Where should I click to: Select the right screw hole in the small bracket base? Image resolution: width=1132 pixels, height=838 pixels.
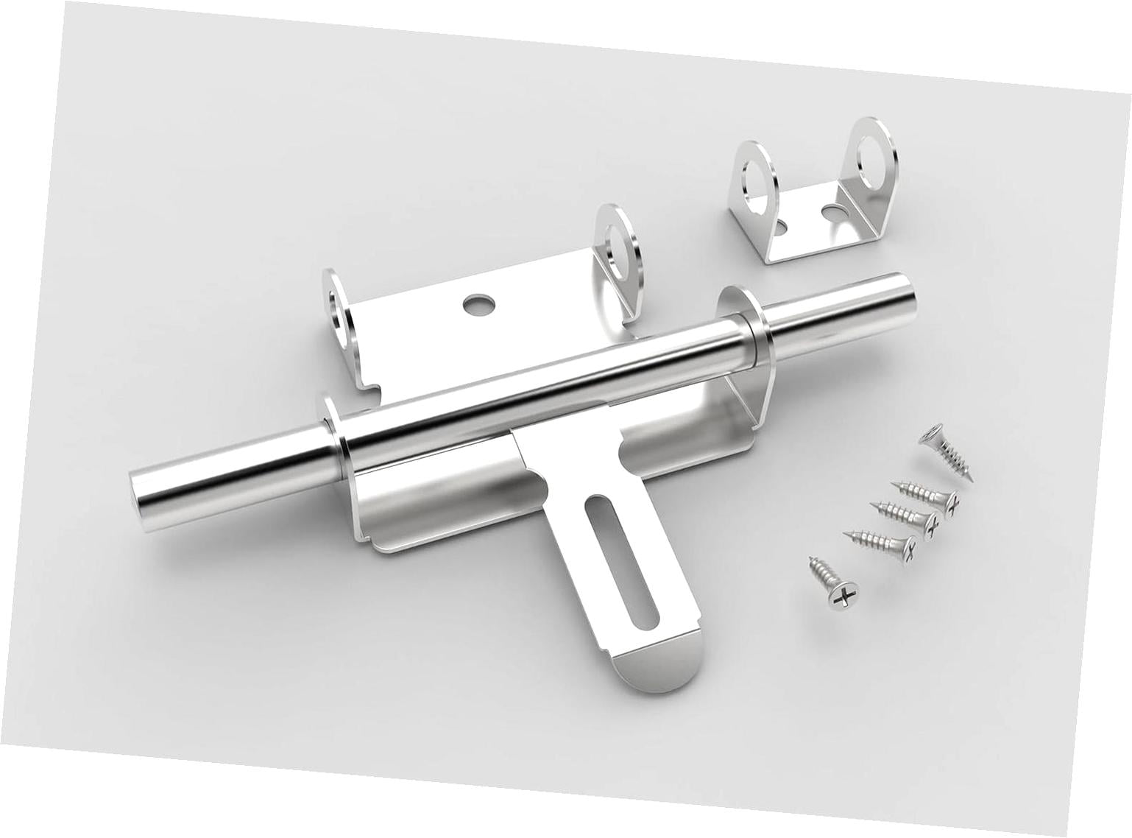coord(832,213)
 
